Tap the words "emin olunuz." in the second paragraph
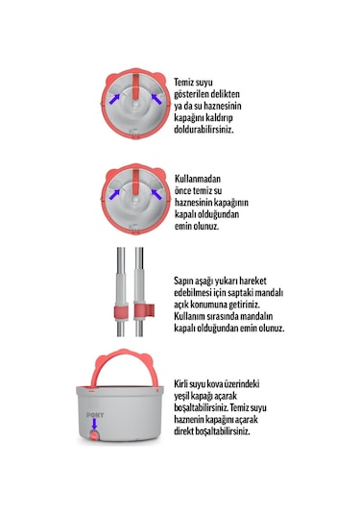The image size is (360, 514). point(199,226)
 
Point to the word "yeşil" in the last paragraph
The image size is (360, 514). point(187,396)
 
